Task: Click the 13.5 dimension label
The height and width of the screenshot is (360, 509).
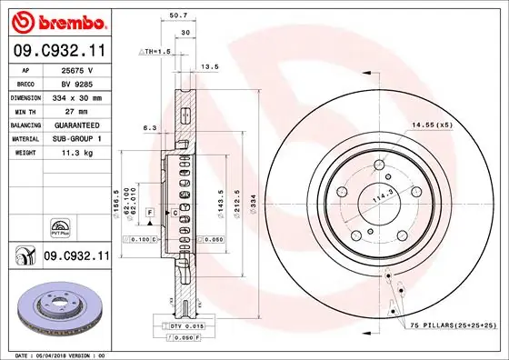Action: (209, 66)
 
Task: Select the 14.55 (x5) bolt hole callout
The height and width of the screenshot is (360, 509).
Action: (433, 123)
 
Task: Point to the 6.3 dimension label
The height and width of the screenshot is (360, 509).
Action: (150, 128)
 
